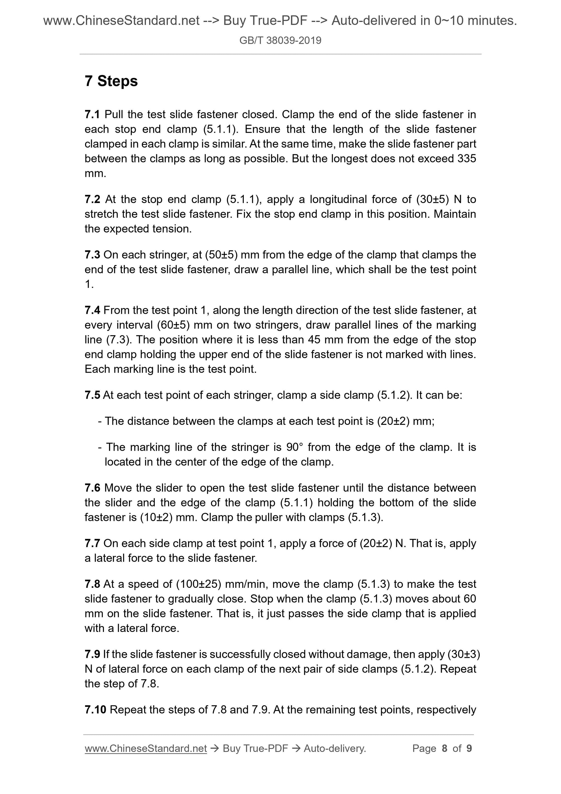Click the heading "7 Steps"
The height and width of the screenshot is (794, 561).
tap(111, 81)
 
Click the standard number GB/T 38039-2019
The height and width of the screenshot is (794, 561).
tap(280, 41)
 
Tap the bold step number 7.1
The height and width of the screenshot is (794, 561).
tap(92, 114)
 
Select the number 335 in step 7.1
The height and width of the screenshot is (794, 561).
tap(467, 158)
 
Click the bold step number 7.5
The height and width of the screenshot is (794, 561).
tap(92, 395)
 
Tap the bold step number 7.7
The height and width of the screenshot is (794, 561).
tap(92, 543)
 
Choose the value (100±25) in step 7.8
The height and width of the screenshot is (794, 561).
tap(198, 584)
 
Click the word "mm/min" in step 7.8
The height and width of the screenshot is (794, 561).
tap(248, 584)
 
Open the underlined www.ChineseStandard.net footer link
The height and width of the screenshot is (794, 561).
tap(146, 749)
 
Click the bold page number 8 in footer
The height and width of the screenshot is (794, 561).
tap(445, 749)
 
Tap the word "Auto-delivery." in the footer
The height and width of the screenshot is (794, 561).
tap(335, 749)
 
